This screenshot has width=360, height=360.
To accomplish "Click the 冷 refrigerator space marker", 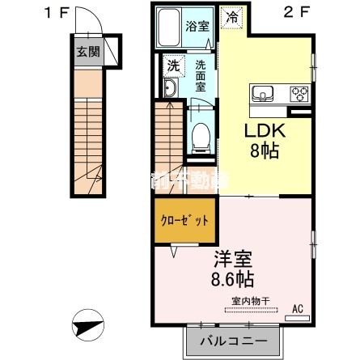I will click(x=232, y=16).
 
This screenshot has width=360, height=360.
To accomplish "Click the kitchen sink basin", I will click(x=265, y=94).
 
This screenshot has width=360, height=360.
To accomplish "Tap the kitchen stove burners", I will click(x=298, y=93).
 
